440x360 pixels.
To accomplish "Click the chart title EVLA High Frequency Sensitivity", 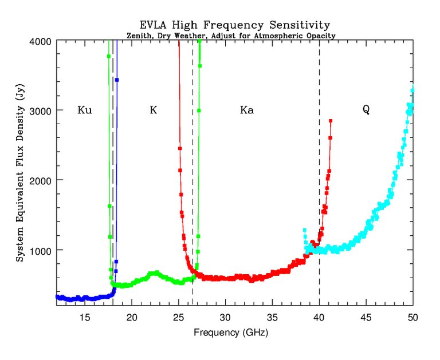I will (x=235, y=25).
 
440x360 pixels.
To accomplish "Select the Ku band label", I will (x=85, y=110).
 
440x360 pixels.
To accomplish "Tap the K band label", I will (x=153, y=110).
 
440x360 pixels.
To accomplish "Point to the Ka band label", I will (x=247, y=110).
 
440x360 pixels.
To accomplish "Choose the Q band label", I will (x=366, y=110).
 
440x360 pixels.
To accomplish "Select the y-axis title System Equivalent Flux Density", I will (x=19, y=172).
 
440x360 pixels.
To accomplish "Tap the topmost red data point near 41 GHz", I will (x=331, y=121).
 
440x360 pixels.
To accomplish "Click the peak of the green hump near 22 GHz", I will (x=154, y=273).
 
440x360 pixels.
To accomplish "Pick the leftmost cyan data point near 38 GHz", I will (x=305, y=230).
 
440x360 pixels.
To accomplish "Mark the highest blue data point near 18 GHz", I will (x=116, y=80).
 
